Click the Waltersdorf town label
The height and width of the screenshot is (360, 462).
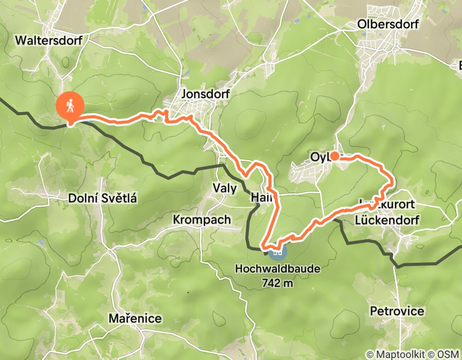pyautogui.click(x=49, y=40)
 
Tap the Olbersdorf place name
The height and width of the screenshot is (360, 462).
pyautogui.click(x=388, y=24)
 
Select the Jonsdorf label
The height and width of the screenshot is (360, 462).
pyautogui.click(x=205, y=94)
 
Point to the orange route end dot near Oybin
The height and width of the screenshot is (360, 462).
pyautogui.click(x=334, y=156)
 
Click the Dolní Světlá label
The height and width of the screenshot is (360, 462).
pyautogui.click(x=102, y=197)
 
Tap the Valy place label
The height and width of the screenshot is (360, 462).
pyautogui.click(x=225, y=188)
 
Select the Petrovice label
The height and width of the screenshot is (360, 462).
pyautogui.click(x=397, y=311)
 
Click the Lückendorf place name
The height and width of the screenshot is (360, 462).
pyautogui.click(x=387, y=220)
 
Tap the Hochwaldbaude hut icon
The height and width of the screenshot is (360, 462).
pyautogui.click(x=277, y=251)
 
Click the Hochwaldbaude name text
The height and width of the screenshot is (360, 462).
pyautogui.click(x=277, y=268)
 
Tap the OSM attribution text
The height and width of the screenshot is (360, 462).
pyautogui.click(x=448, y=354)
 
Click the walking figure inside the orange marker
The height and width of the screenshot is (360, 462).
pyautogui.click(x=70, y=105)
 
